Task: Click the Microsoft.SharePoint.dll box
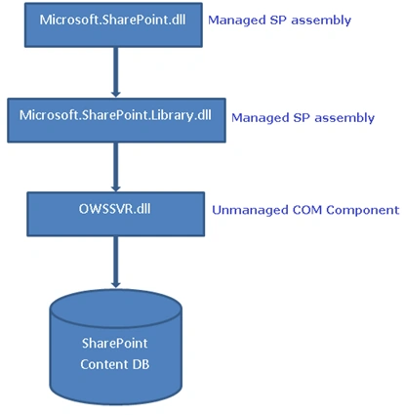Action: [x=113, y=25]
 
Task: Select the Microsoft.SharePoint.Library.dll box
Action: [x=116, y=120]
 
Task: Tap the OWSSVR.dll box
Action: [x=116, y=214]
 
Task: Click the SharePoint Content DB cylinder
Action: [x=116, y=347]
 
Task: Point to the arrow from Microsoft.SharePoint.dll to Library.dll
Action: [x=115, y=72]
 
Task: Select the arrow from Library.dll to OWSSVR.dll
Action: [x=115, y=167]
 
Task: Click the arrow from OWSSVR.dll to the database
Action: [x=115, y=263]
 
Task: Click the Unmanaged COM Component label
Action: [x=305, y=210]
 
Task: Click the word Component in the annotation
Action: [x=363, y=211]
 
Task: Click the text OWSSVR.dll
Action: [x=115, y=209]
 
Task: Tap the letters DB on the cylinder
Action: [x=141, y=364]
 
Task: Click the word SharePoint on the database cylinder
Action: [x=115, y=344]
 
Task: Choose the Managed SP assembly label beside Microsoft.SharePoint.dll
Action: [x=279, y=21]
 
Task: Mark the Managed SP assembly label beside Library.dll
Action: [x=303, y=118]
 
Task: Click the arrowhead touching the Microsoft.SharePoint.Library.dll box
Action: [x=115, y=94]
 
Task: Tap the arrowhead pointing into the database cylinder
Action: [x=115, y=284]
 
